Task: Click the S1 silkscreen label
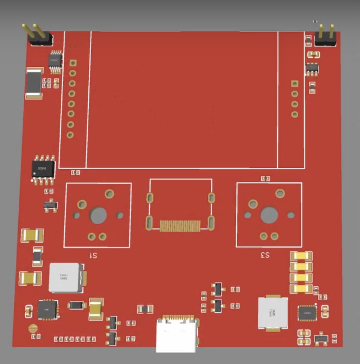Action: (x=93, y=256)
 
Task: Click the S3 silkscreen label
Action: (x=265, y=255)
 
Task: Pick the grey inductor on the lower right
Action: (x=273, y=313)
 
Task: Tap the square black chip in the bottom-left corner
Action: (x=48, y=310)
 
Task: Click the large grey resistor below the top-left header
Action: (x=34, y=83)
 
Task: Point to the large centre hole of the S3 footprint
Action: (x=269, y=215)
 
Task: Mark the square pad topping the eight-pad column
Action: (x=73, y=63)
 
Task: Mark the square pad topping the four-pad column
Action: (x=295, y=83)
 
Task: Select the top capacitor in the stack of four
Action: (x=301, y=256)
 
